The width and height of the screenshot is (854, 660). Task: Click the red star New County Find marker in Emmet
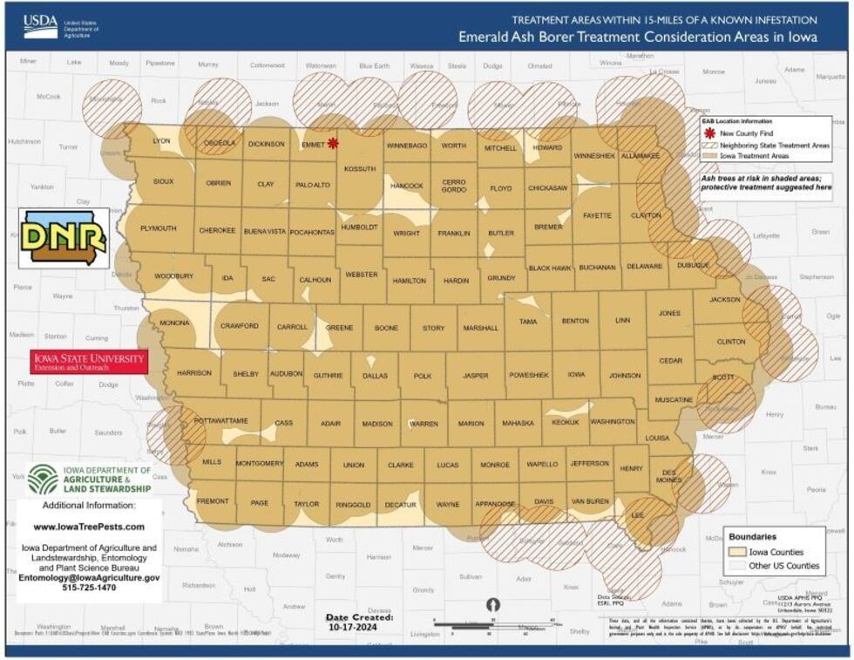(x=332, y=143)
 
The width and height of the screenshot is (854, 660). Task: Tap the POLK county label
(x=422, y=376)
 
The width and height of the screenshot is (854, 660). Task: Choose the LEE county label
(x=637, y=515)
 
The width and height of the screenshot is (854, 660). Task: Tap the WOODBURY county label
(x=173, y=276)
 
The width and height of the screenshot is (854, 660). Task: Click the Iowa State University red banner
(x=89, y=362)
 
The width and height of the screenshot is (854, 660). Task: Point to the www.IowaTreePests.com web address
(x=89, y=527)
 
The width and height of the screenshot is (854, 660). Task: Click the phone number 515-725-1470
(x=89, y=588)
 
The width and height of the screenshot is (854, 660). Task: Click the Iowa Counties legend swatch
(x=739, y=552)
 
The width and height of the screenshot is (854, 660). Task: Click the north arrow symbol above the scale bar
(x=493, y=605)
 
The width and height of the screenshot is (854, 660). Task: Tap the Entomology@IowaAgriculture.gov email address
(x=89, y=577)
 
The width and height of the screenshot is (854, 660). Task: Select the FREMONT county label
(x=213, y=501)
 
